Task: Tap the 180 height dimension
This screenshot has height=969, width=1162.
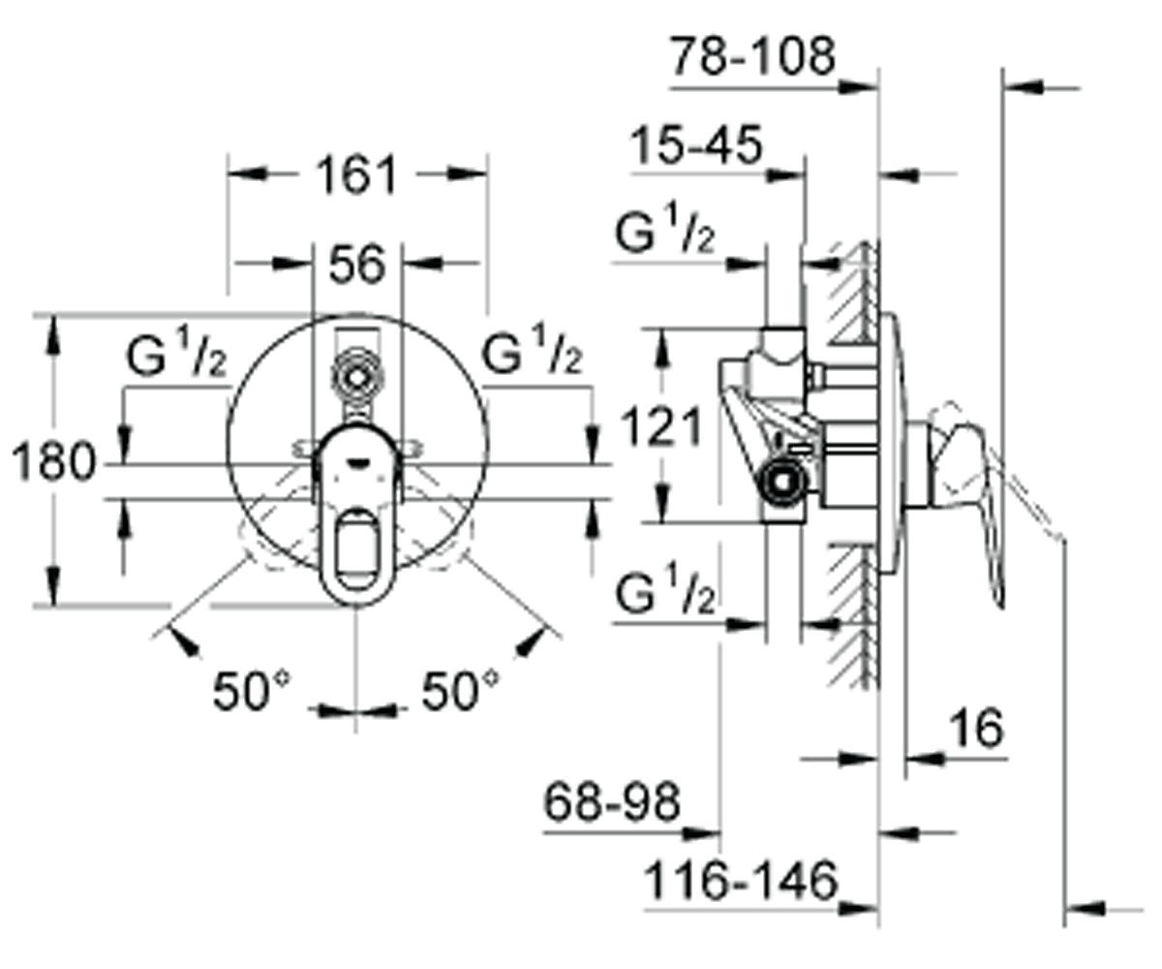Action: [54, 460]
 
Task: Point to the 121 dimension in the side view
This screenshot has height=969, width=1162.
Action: [660, 426]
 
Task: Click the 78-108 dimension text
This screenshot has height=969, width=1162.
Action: [753, 56]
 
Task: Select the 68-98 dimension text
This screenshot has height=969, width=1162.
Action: [612, 802]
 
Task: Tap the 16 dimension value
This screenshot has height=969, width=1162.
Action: [977, 728]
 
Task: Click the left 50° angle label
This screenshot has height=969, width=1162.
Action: [252, 691]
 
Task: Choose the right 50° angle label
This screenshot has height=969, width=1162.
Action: [460, 691]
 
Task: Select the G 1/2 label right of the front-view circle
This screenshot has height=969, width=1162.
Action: [532, 349]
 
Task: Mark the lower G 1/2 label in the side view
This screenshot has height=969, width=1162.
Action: [664, 588]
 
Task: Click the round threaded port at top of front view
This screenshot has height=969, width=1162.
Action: [356, 378]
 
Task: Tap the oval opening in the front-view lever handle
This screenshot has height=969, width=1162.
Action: [356, 548]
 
